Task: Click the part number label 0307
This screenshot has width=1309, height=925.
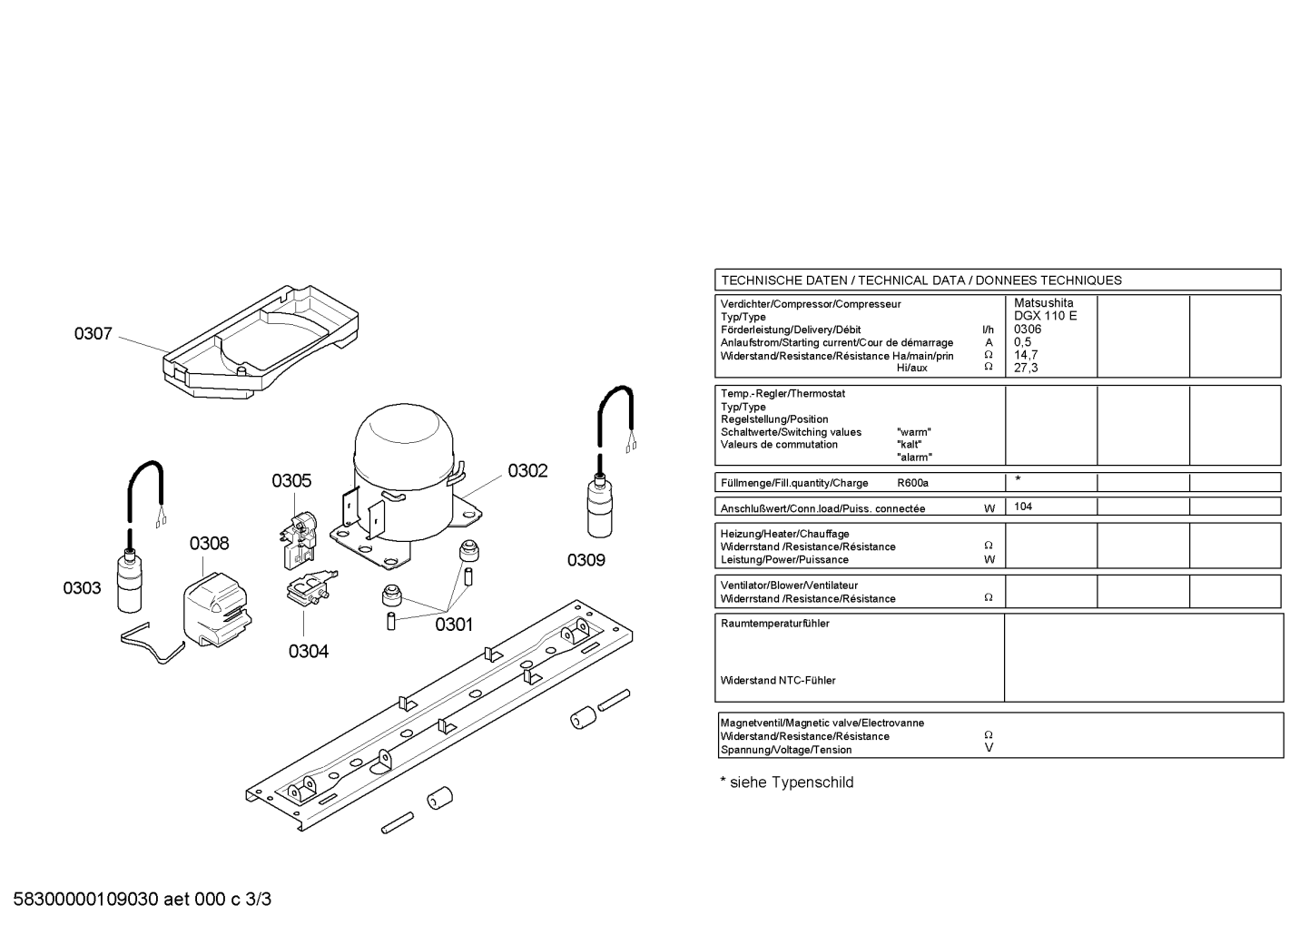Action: (93, 334)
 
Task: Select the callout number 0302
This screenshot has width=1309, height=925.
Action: (527, 471)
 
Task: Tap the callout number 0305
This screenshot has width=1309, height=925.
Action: (291, 481)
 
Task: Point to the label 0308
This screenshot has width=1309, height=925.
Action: (209, 544)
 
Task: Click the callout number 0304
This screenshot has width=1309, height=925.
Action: (309, 651)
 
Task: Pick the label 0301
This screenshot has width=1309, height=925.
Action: (454, 625)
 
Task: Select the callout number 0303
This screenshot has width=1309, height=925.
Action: (83, 588)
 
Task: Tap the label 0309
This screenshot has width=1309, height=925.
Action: (586, 560)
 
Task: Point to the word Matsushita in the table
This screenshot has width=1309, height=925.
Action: (1043, 302)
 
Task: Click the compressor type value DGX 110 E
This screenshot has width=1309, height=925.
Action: (1045, 316)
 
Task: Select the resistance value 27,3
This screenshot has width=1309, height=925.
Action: (1026, 368)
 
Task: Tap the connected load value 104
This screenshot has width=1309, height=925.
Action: (1023, 507)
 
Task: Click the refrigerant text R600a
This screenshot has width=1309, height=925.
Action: (913, 483)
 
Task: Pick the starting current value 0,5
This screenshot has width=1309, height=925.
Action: (1023, 342)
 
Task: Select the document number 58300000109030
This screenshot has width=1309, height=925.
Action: (86, 900)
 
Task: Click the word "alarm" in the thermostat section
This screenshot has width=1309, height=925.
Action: (914, 457)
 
